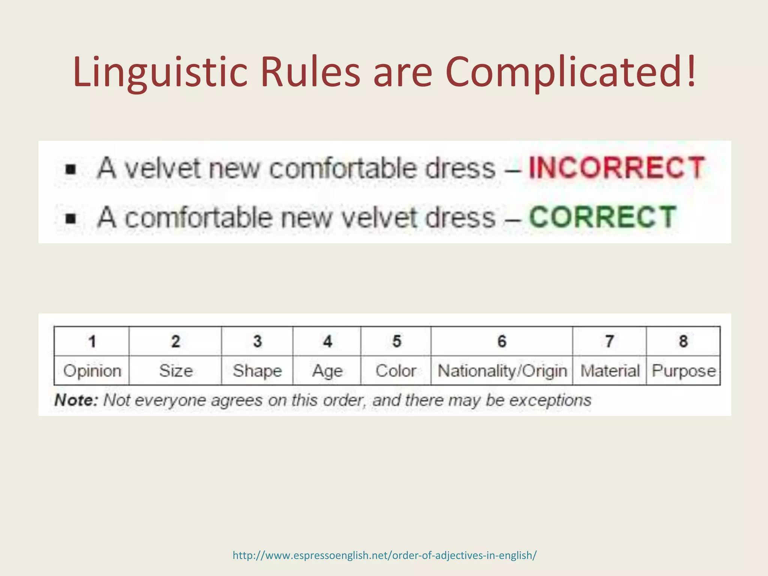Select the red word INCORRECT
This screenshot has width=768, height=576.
(616, 168)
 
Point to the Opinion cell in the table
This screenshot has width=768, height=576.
(92, 371)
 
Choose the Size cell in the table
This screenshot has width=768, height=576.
(176, 371)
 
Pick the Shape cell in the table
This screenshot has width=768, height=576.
(257, 371)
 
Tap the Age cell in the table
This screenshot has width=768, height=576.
(327, 371)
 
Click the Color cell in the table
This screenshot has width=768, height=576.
(396, 371)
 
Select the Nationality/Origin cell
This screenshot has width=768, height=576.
(502, 371)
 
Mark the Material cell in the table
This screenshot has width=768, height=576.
(610, 371)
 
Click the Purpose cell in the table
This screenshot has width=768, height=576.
(684, 371)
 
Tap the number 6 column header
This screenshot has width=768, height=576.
(502, 341)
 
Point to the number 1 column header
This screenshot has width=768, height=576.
(92, 341)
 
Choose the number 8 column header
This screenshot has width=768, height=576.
(683, 341)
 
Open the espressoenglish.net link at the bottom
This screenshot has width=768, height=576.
(384, 555)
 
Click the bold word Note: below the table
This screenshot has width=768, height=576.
(76, 400)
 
